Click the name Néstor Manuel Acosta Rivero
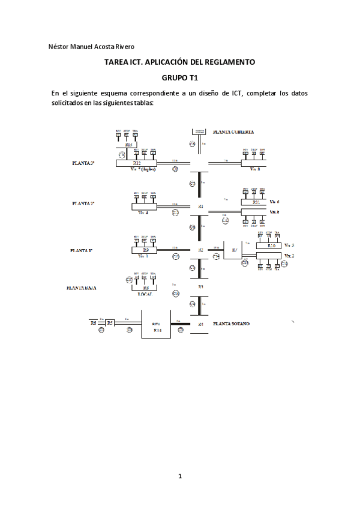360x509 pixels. [x=91, y=47]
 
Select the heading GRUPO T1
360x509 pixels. [x=180, y=77]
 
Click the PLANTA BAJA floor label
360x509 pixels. [x=82, y=288]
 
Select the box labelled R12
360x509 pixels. [x=137, y=163]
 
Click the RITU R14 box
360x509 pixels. [x=157, y=327]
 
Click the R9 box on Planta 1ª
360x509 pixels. [x=145, y=249]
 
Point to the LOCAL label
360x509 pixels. [x=146, y=295]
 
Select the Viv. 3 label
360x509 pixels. [x=289, y=245]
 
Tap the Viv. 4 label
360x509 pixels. [x=143, y=212]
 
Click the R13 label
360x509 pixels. [x=128, y=145]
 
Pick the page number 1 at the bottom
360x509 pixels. [x=180, y=477]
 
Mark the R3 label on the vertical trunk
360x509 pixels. [x=201, y=288]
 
